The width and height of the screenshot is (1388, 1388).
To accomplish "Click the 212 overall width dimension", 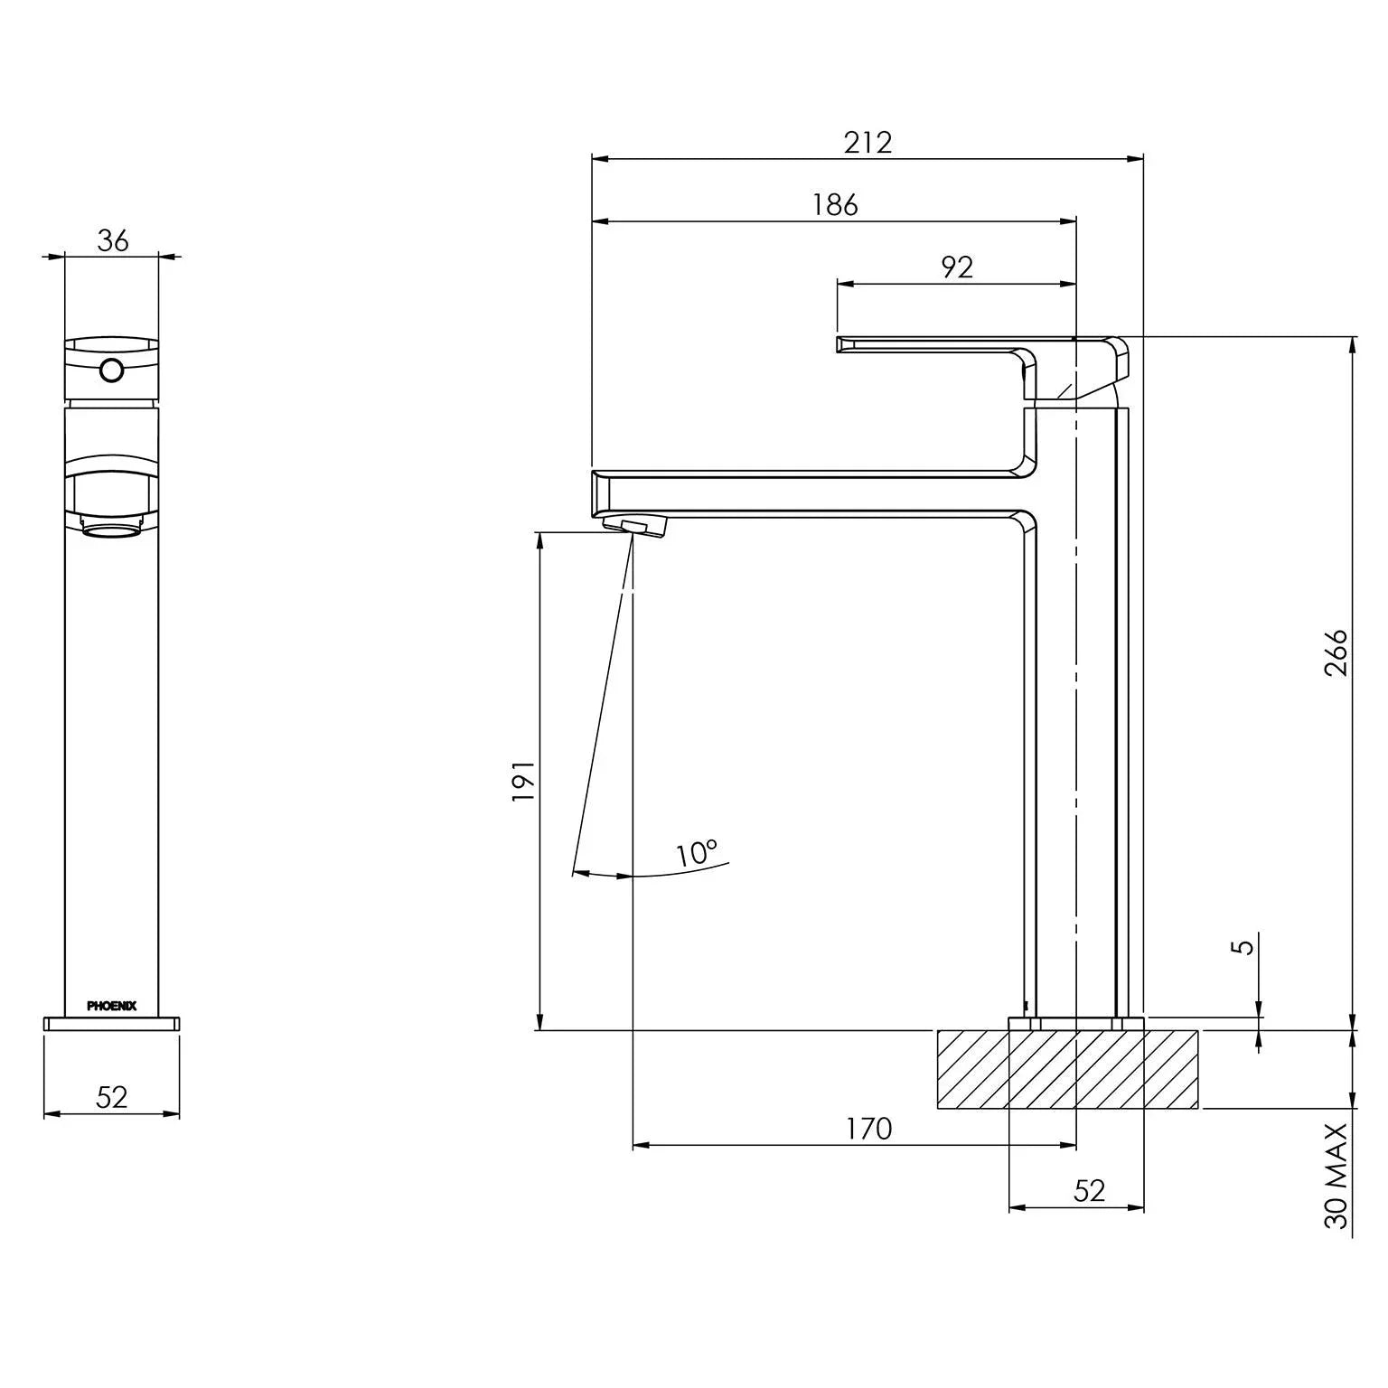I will click(867, 143).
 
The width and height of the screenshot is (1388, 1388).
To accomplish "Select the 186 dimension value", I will click(834, 205).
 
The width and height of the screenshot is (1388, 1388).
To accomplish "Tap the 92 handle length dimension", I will click(957, 267).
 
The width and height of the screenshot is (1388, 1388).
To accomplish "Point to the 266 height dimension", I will click(1336, 652).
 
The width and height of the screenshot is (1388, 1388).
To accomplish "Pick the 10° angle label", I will click(696, 852).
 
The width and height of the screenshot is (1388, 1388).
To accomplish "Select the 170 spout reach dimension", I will click(868, 1129).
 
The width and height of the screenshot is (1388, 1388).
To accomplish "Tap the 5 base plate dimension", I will click(1244, 946).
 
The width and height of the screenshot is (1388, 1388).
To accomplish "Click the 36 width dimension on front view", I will click(113, 241).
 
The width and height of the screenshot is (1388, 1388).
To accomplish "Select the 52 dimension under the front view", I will click(112, 1097).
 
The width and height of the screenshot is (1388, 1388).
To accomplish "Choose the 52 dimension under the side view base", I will click(1089, 1191).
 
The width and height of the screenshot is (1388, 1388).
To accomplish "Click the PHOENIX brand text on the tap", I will click(112, 1006).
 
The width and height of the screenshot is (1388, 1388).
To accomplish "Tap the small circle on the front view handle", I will click(112, 370).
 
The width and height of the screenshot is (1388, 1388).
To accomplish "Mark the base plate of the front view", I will click(112, 1023).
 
